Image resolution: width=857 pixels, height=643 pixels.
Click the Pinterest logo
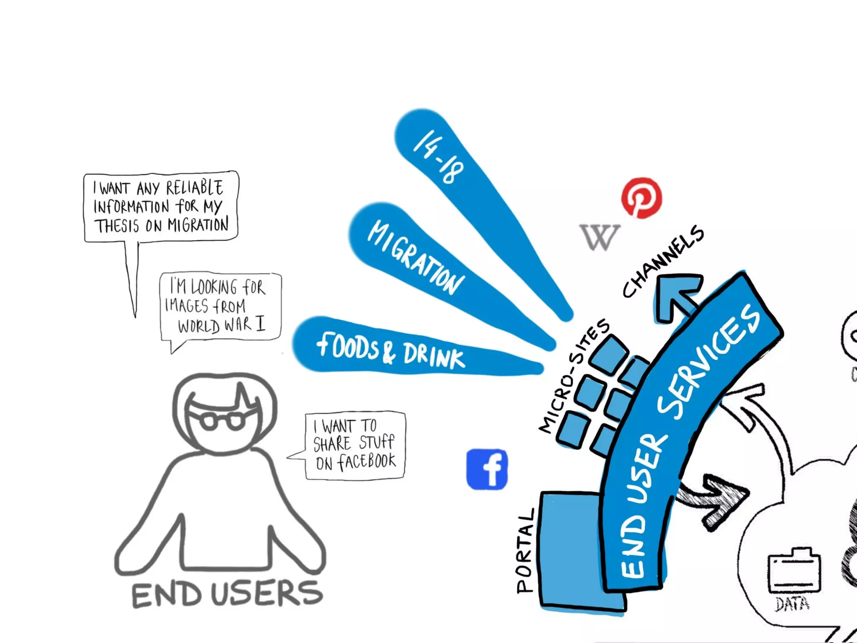[x=641, y=198]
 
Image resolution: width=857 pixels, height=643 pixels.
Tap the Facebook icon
[x=487, y=469]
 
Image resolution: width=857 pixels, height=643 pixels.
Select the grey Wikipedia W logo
[x=599, y=237]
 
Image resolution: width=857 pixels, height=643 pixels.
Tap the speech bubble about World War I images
[x=221, y=306]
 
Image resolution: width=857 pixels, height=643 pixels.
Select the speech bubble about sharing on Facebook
[x=355, y=445]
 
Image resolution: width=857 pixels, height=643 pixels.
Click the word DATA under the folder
[x=792, y=604]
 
